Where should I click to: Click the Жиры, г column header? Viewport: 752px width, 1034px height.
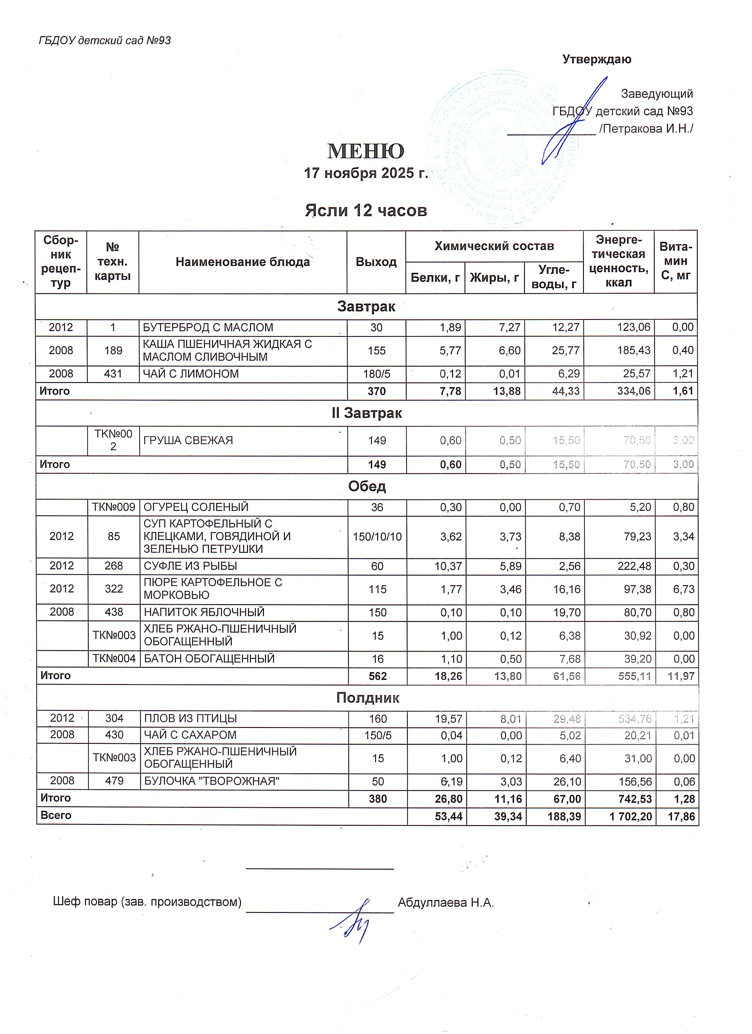494,277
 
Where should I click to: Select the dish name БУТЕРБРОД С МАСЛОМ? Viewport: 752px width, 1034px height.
208,327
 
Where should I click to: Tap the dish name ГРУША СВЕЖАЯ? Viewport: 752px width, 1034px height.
188,440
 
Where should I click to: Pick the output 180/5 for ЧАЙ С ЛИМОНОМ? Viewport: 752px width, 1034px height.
377,374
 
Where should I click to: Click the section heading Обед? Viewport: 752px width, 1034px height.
367,486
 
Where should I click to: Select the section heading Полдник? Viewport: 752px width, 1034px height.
367,698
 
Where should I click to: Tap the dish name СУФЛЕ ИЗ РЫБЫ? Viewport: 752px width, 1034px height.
190,566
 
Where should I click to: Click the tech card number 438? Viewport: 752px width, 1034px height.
114,612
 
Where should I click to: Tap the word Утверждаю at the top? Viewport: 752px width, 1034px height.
596,59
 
